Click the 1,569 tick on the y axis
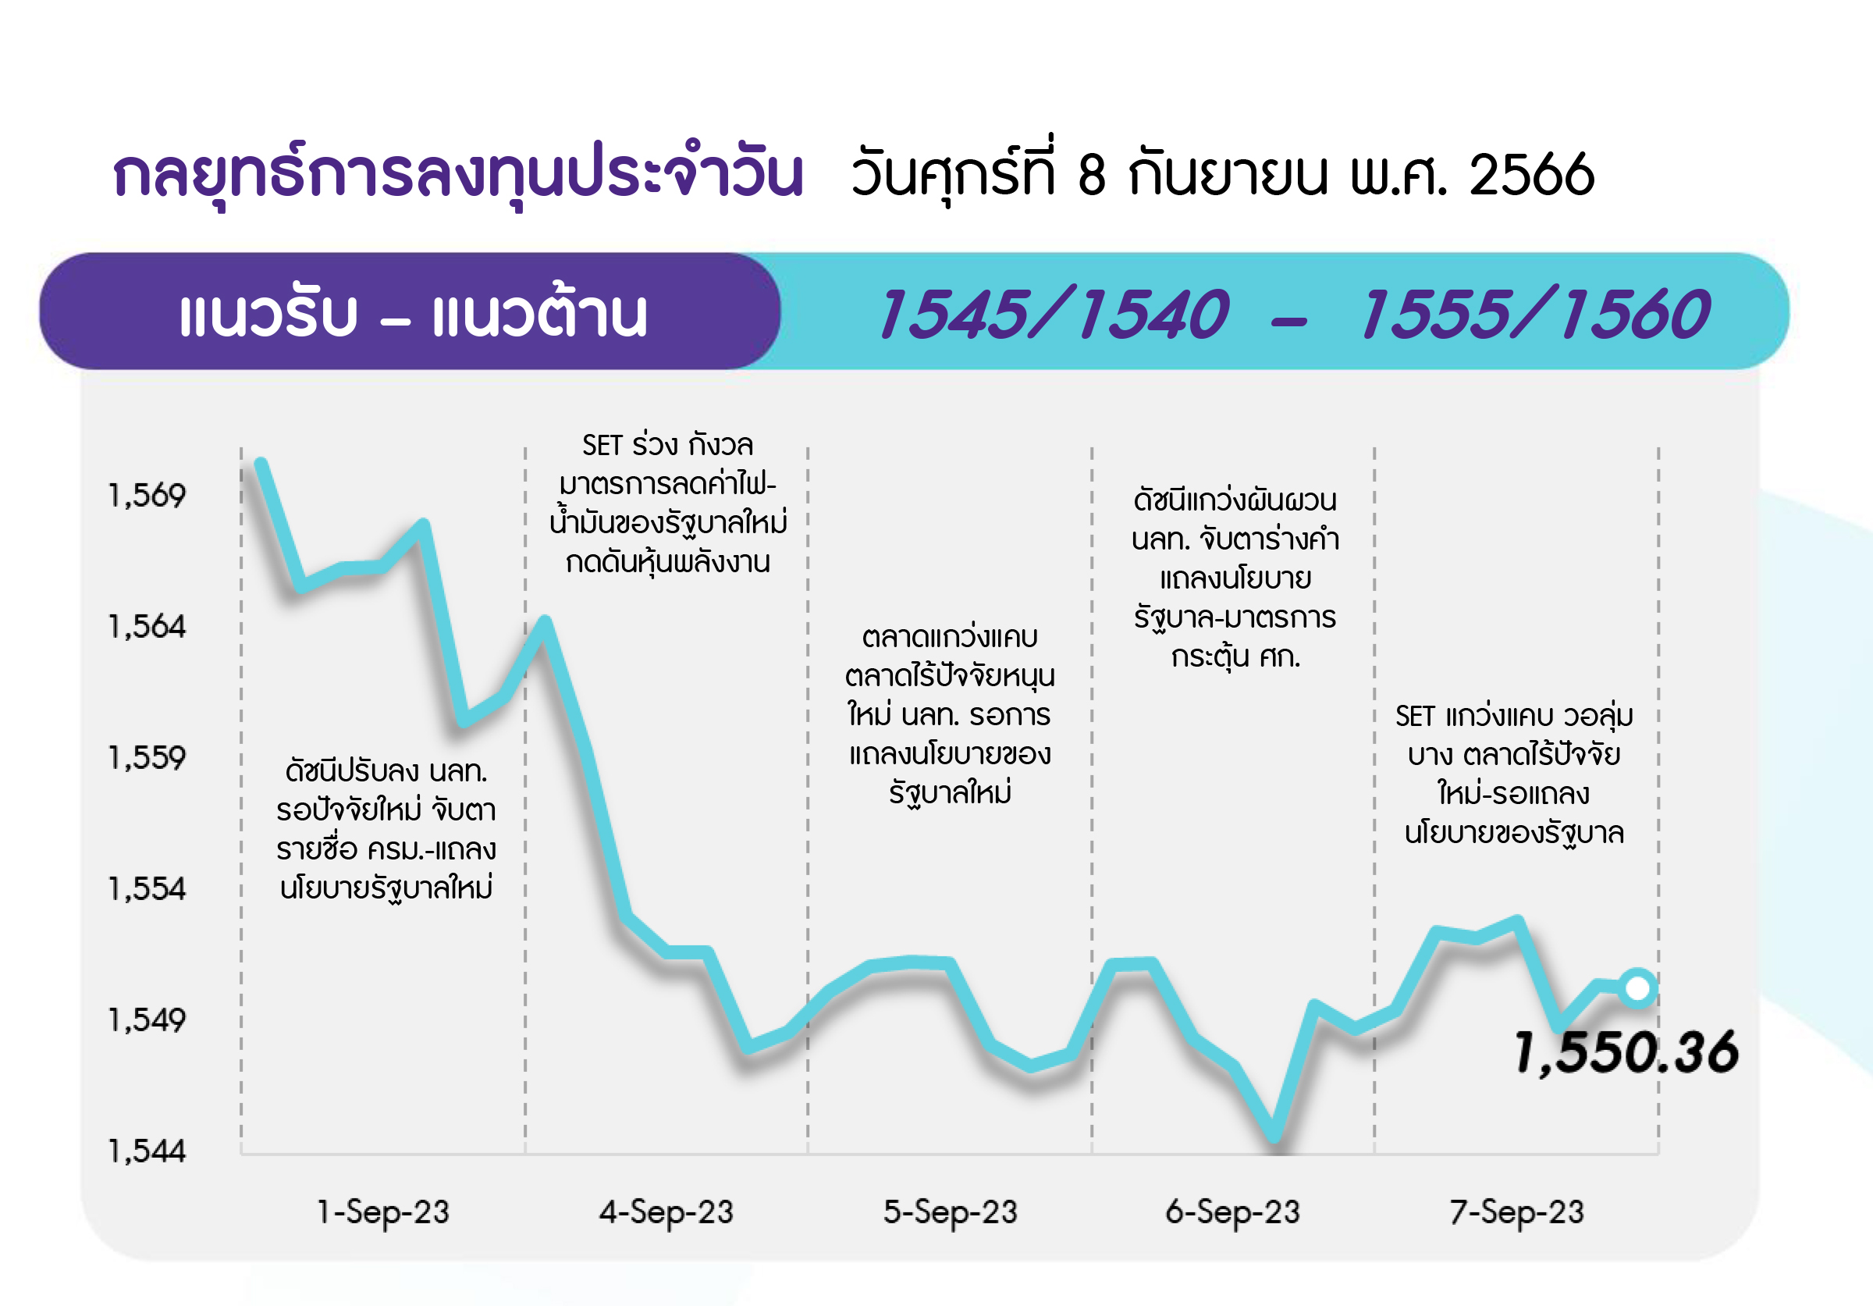click(x=147, y=495)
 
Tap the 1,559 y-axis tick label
click(x=147, y=758)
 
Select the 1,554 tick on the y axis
click(x=147, y=888)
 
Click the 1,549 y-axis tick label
click(x=147, y=1020)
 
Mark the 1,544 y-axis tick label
click(x=147, y=1151)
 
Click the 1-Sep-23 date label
click(x=383, y=1212)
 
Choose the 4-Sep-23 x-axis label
click(x=666, y=1212)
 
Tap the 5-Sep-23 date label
click(x=951, y=1212)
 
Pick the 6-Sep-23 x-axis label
click(x=1232, y=1212)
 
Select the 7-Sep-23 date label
click(x=1516, y=1212)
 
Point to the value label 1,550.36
click(x=1626, y=1052)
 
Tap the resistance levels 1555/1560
click(x=1534, y=314)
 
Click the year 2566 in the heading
click(x=1532, y=175)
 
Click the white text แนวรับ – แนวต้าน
click(x=413, y=313)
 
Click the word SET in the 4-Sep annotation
click(x=602, y=446)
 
